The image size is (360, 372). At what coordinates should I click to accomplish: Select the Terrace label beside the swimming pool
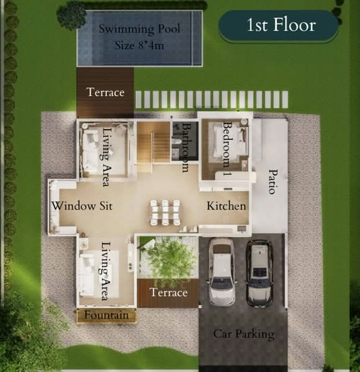pyautogui.click(x=106, y=92)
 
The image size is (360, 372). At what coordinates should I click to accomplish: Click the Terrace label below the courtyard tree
pyautogui.click(x=168, y=293)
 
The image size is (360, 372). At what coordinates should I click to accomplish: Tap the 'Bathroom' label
pyautogui.click(x=185, y=147)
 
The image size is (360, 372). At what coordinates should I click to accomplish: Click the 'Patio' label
pyautogui.click(x=272, y=181)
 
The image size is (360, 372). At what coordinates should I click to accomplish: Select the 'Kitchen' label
pyautogui.click(x=227, y=206)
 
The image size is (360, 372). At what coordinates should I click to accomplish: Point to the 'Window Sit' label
pyautogui.click(x=82, y=206)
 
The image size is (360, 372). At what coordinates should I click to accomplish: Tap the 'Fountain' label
pyautogui.click(x=107, y=316)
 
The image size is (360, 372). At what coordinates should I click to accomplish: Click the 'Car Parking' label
pyautogui.click(x=244, y=334)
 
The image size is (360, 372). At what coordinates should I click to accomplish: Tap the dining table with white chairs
pyautogui.click(x=164, y=211)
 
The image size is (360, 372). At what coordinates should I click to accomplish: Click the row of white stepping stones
pyautogui.click(x=212, y=99)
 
